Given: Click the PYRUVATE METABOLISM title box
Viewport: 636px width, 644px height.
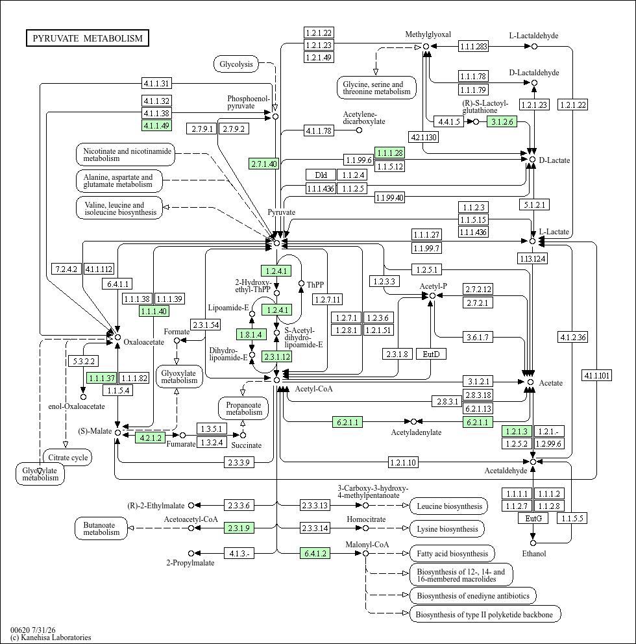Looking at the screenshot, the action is pos(88,38).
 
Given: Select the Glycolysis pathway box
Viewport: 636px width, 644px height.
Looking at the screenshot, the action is pos(236,64).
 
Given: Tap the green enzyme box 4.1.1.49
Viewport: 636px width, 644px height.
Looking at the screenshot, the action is pos(156,125).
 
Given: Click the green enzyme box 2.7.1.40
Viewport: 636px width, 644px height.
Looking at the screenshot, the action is pos(264,164).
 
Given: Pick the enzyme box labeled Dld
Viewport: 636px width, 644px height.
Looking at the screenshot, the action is pos(321,175).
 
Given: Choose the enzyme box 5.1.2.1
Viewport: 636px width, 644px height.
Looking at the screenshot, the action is pos(534,204).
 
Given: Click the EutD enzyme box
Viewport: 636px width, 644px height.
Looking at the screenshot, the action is pos(431,354).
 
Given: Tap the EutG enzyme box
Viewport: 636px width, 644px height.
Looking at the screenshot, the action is pos(533,518).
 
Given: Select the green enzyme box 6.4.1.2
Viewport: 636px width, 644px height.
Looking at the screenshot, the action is pos(315,553).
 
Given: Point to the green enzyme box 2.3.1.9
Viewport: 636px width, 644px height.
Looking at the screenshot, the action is pos(239,528).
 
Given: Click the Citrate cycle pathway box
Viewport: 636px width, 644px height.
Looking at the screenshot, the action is pos(67,458).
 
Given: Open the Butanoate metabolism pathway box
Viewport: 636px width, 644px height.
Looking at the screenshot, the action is pos(101,528).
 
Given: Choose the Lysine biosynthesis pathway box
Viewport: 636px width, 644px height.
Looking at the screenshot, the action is pos(447,528).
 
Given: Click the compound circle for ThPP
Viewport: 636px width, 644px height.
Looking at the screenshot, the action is pos(301,284).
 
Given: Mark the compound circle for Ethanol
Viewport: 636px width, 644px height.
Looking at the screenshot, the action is pos(533,543).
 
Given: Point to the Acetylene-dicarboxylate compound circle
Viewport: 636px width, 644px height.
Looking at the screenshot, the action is pos(359,130).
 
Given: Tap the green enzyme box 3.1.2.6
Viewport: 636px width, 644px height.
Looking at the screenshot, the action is pos(502,121).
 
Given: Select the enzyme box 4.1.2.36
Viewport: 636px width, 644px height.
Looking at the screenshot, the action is pos(573,337).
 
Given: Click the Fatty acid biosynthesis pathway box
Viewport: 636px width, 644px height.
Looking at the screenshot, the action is pos(452,554).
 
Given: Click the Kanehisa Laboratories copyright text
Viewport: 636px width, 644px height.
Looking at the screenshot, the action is pos(51,638).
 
